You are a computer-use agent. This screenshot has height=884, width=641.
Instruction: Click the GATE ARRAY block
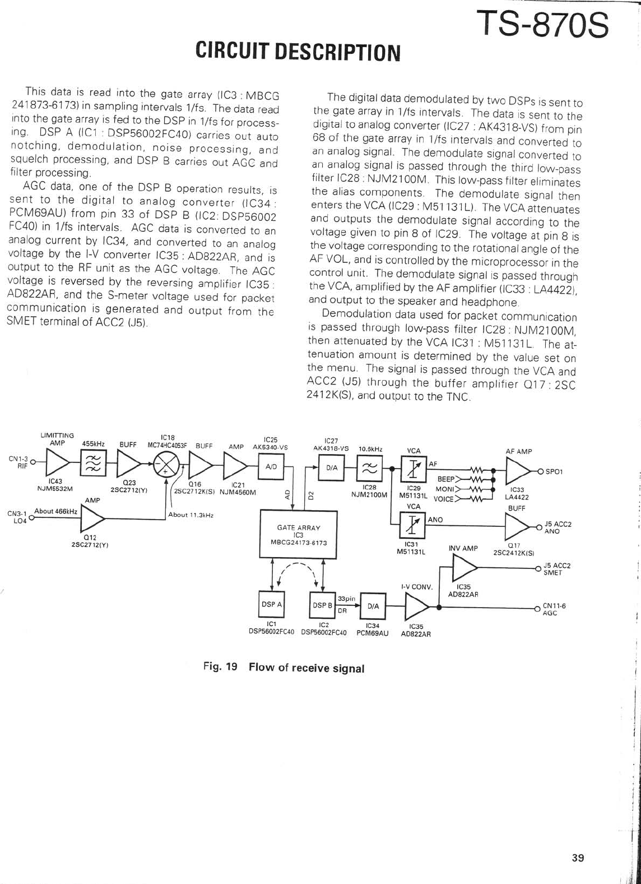point(298,534)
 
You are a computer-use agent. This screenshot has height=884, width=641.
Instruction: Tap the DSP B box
point(322,605)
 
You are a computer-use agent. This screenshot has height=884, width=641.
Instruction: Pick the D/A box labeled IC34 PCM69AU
point(373,606)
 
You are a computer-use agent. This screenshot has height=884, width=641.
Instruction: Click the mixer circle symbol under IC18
point(165,465)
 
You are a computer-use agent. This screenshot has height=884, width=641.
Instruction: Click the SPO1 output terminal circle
point(541,471)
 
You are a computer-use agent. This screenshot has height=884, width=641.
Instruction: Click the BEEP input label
point(445,479)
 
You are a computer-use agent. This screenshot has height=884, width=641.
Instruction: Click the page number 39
point(578,858)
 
